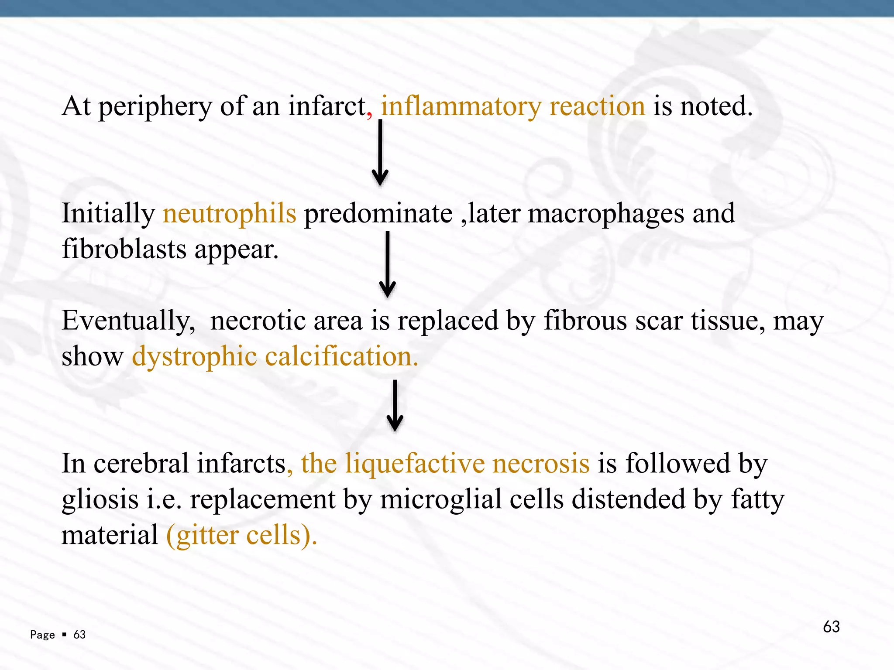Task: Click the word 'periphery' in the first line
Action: [155, 107]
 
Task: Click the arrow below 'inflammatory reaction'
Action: [380, 153]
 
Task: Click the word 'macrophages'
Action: [606, 214]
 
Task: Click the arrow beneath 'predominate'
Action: [387, 264]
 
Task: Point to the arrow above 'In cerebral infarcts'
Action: [395, 406]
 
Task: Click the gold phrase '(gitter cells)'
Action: [241, 535]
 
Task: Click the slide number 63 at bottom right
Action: [831, 627]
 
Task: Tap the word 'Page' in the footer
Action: [42, 635]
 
